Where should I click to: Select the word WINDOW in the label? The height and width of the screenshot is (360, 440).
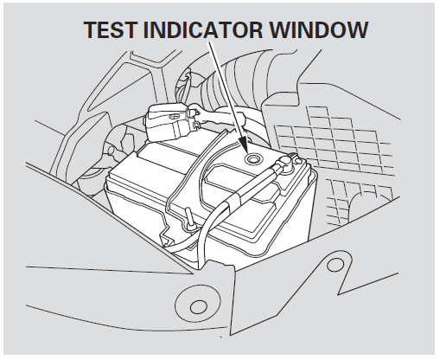[x=317, y=29]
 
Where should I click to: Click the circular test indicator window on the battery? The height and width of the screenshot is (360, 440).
[x=253, y=160]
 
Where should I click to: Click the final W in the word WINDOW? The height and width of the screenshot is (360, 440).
[x=358, y=29]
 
